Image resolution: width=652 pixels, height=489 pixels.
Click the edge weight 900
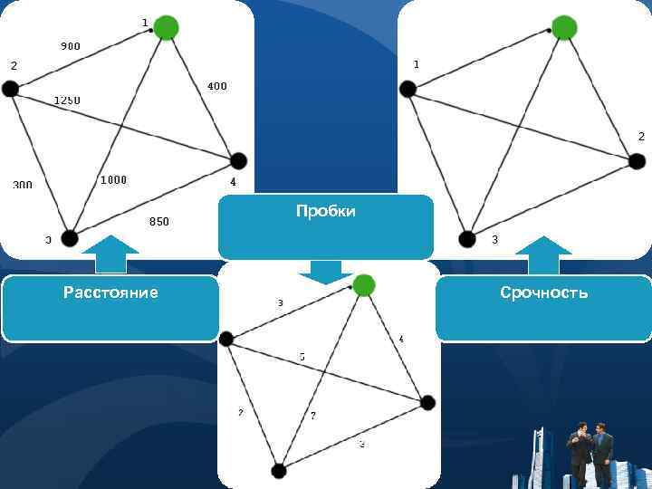point(70,45)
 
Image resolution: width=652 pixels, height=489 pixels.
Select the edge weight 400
point(217,87)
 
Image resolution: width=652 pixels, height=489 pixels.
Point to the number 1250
point(66,100)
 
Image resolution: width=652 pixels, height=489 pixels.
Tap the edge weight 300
point(23,185)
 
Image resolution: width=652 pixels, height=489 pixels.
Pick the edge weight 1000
point(113,180)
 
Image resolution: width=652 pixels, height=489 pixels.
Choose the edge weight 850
point(158,221)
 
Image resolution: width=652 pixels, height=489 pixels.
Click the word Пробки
point(326,211)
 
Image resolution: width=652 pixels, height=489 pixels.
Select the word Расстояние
point(110,292)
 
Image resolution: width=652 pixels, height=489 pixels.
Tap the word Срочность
point(543,292)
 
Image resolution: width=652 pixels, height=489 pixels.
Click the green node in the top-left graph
point(166,28)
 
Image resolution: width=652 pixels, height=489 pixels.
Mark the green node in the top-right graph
point(563,28)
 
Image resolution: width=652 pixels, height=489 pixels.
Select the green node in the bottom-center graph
point(363,285)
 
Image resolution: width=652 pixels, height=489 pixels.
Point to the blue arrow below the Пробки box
point(326,272)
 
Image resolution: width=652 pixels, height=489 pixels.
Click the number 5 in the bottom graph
point(302,357)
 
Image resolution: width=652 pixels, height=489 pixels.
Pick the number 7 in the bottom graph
point(312,416)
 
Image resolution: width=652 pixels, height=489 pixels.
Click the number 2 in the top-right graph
point(641,136)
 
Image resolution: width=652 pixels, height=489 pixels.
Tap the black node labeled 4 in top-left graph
point(238,161)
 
